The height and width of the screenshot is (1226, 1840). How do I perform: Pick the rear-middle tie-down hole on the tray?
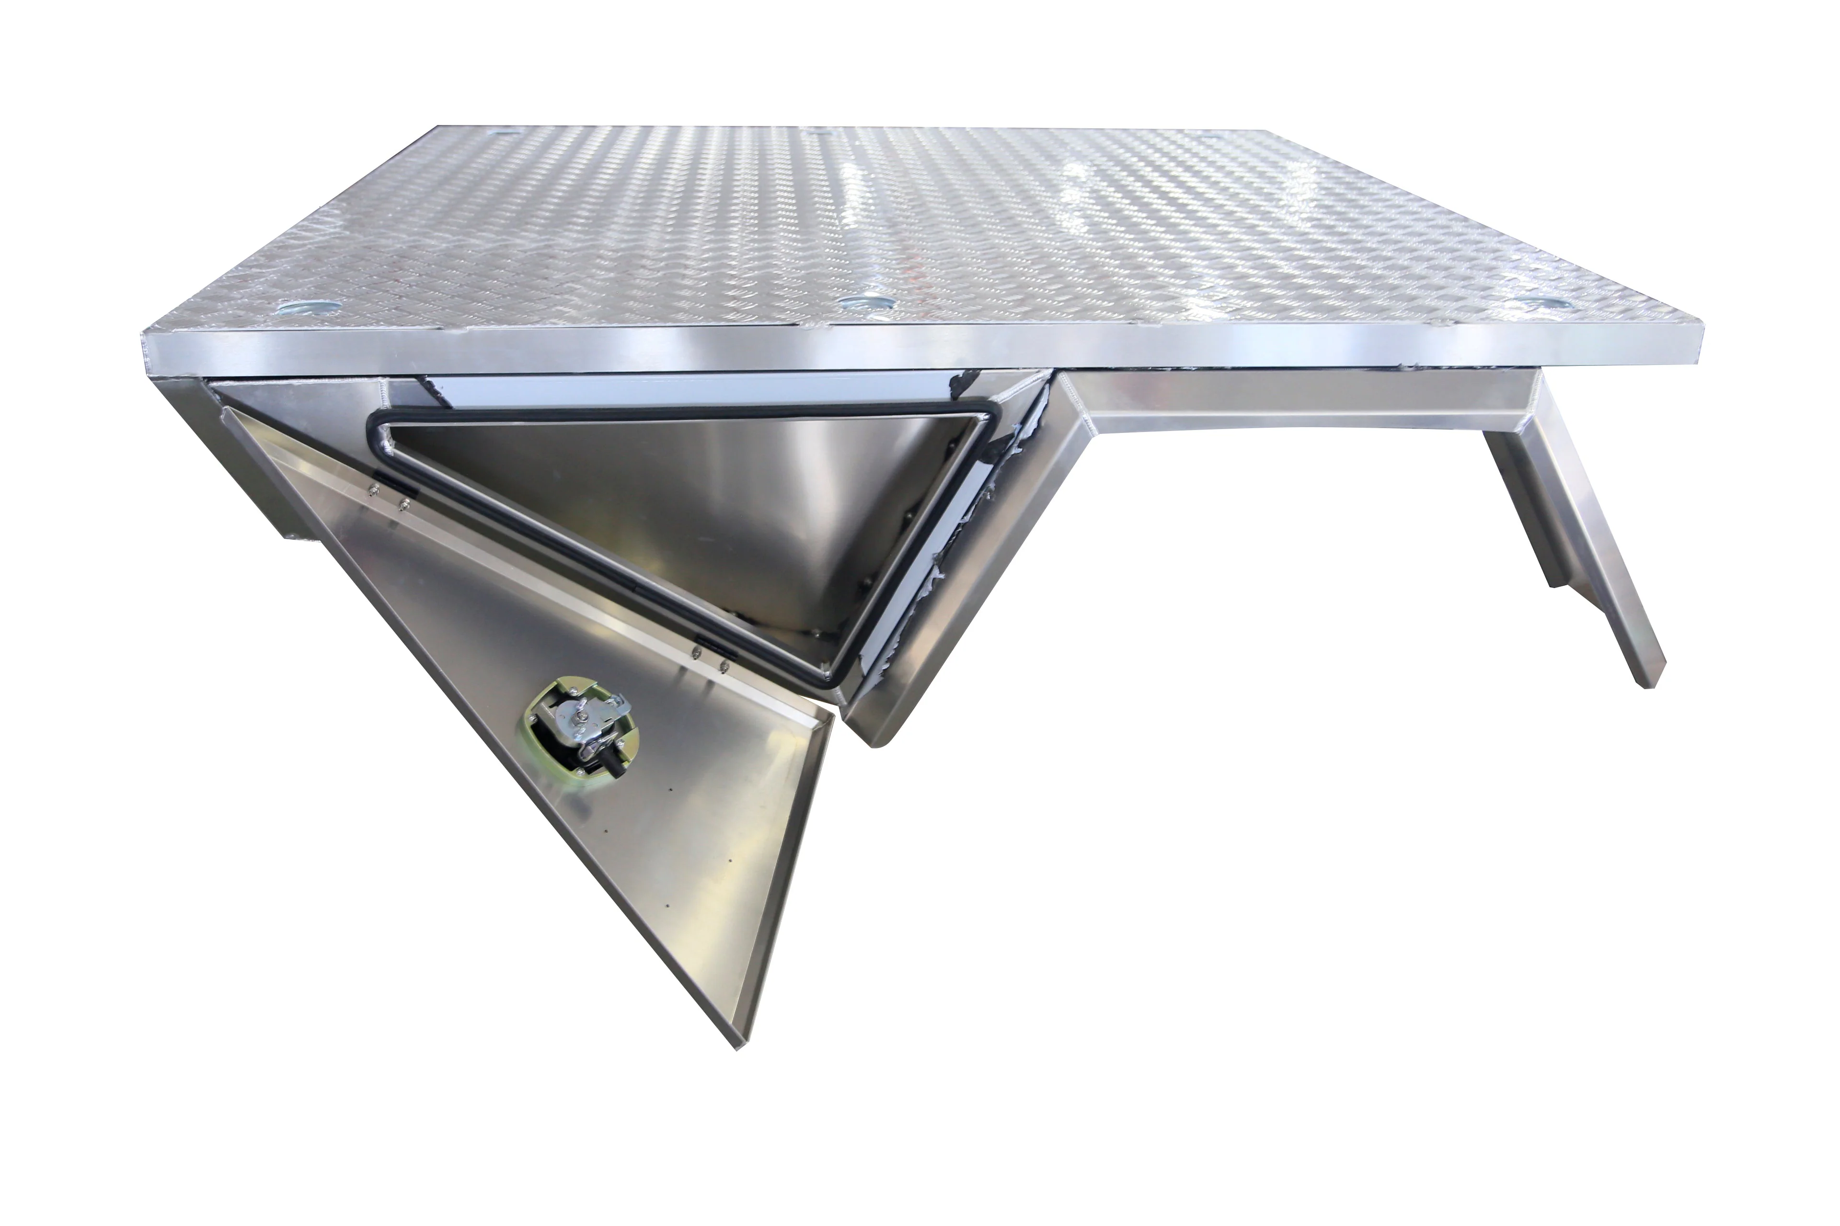[821, 134]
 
